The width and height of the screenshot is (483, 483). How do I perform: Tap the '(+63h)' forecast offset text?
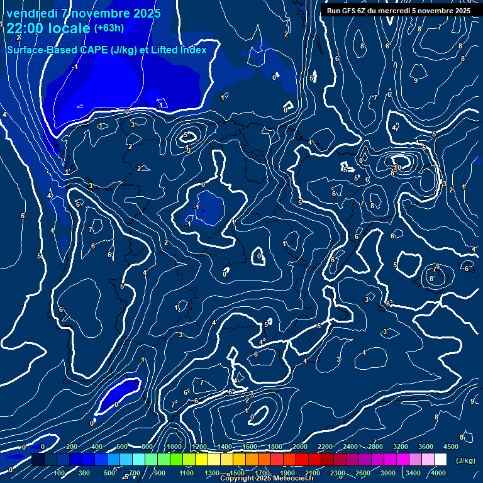tap(109, 28)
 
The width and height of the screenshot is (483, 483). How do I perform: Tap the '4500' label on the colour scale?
tap(450, 446)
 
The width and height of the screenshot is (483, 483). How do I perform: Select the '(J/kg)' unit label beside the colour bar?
tap(465, 460)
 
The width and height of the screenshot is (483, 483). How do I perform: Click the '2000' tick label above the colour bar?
tap(300, 446)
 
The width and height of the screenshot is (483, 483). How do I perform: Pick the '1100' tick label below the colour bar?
tap(187, 473)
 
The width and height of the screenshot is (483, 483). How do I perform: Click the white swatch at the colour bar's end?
tap(440, 460)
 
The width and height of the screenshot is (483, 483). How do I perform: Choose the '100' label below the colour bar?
tap(60, 473)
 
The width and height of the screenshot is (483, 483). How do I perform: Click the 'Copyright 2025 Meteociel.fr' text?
tap(267, 479)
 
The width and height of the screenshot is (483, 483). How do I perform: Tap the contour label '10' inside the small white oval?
tap(397, 167)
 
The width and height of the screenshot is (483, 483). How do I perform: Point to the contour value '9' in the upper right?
tap(416, 80)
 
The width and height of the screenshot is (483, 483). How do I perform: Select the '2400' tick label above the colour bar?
tap(350, 446)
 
